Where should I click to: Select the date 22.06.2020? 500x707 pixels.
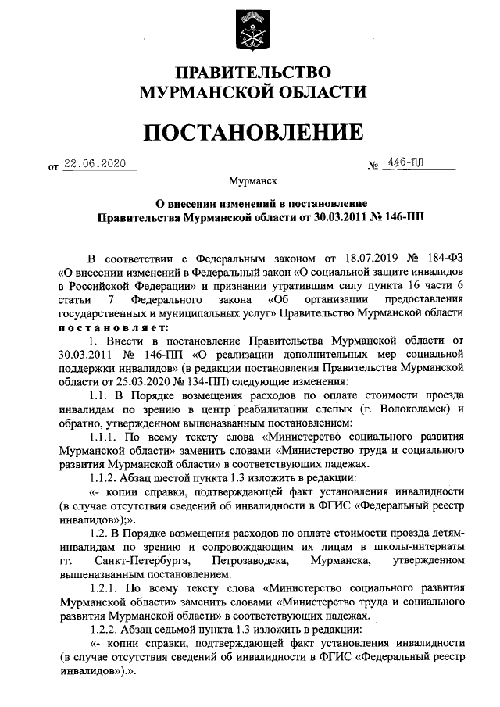tap(95, 165)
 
